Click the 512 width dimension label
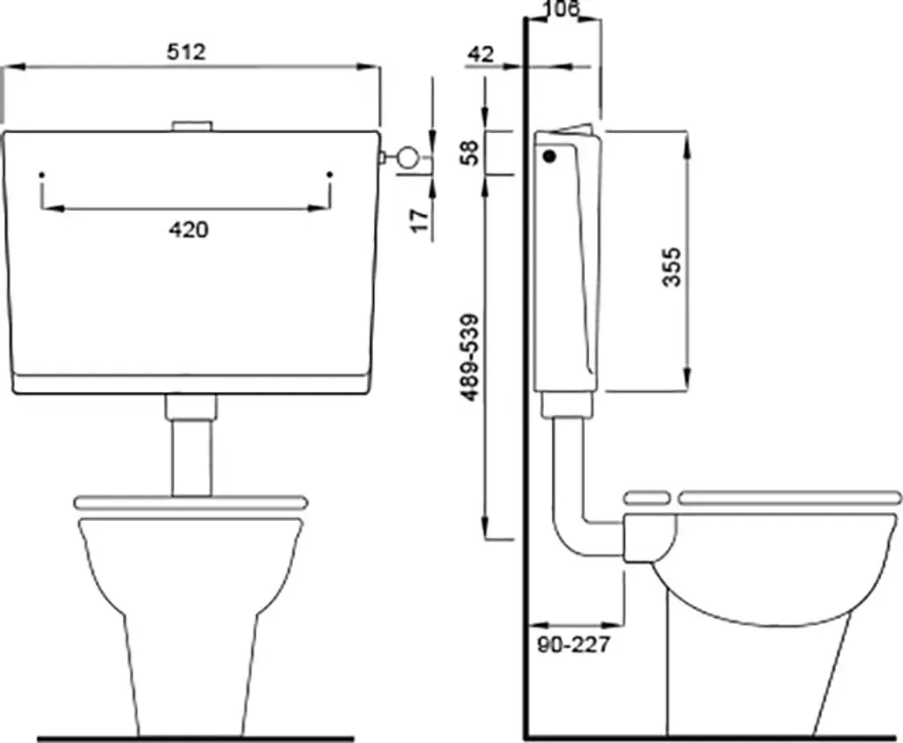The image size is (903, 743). point(186,52)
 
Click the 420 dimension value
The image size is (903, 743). point(189,230)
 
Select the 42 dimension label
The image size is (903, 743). point(481,54)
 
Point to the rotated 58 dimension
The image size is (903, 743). point(471,152)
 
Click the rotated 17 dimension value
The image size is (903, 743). point(421,220)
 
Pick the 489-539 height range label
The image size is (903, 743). point(470,358)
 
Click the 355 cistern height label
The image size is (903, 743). point(671,266)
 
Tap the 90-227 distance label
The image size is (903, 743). point(573,644)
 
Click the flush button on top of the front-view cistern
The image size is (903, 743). point(192,126)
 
